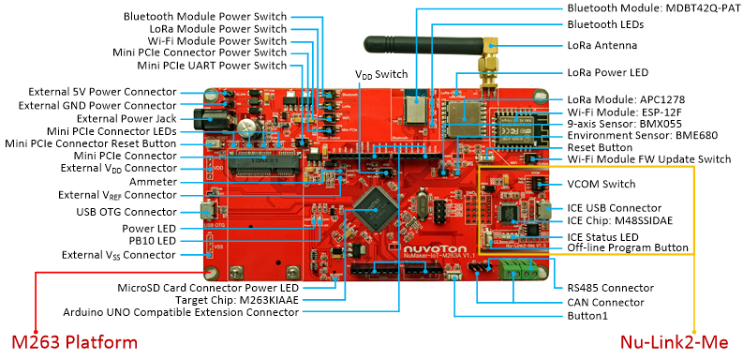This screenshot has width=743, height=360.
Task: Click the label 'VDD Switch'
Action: coord(381,74)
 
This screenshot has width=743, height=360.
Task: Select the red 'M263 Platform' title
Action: coord(74,342)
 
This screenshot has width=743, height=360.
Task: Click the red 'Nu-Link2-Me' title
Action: coord(675,342)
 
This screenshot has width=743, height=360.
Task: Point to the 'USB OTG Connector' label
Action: coord(126,212)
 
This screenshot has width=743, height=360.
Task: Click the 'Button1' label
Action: coord(587,316)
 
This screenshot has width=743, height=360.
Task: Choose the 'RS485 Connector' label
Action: coord(610,288)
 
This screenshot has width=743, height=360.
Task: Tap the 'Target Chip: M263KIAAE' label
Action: coord(237,300)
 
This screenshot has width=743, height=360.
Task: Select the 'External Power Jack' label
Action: coord(126,118)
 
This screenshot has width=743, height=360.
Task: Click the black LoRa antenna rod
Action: coord(424,45)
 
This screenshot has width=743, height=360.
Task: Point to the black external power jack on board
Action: coord(215,119)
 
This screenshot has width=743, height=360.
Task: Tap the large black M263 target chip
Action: coord(376,209)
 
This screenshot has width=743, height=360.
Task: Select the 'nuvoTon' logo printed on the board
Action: coord(435,248)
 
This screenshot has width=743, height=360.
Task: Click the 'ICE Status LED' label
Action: coord(602,237)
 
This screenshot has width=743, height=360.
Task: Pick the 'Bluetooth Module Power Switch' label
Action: coord(205,17)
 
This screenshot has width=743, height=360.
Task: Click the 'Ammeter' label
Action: coord(153,182)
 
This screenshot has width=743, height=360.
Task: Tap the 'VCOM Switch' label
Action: coord(602,184)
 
